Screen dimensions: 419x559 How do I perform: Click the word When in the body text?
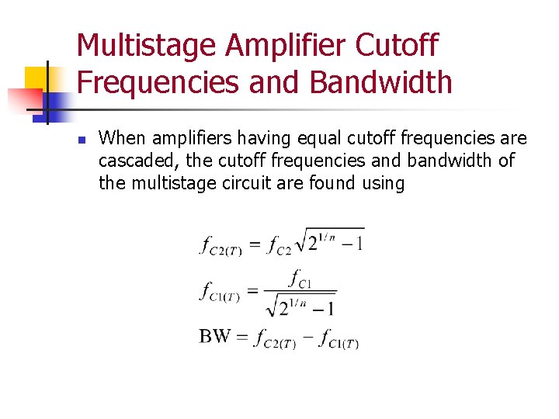point(122,139)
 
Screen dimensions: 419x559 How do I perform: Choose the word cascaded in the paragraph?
point(133,161)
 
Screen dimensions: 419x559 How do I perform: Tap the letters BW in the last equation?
point(215,337)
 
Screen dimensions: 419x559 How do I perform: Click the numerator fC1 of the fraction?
point(300,279)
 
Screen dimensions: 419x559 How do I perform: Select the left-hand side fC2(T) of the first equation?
point(221,247)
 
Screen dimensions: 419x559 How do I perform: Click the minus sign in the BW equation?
point(307,338)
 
